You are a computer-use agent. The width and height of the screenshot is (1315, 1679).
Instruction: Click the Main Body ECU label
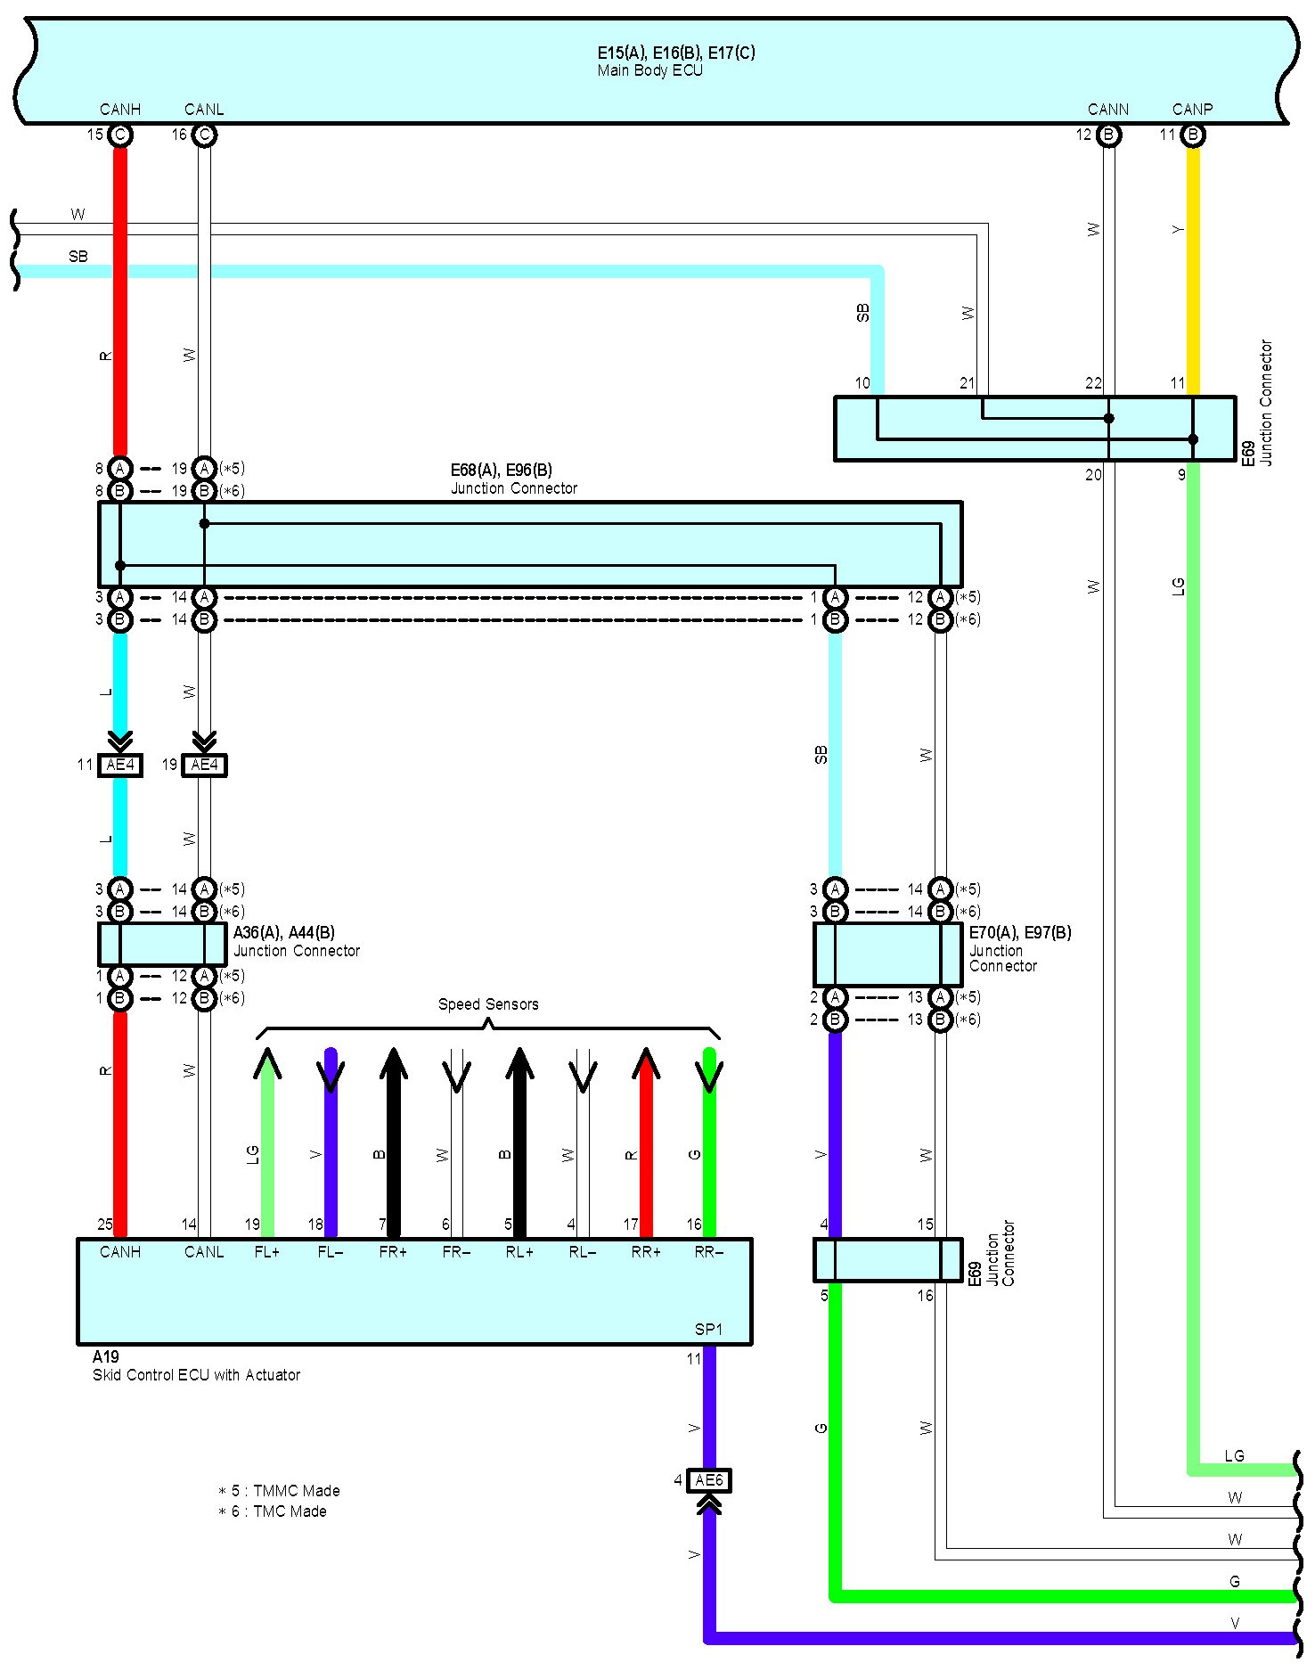(649, 70)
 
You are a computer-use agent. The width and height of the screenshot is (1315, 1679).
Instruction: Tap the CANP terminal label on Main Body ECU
(1192, 110)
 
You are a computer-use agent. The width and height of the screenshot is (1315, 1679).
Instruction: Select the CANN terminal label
(1107, 110)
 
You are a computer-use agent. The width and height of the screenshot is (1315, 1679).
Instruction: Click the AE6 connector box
(709, 1480)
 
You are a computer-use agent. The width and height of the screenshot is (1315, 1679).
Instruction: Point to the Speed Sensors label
(488, 1004)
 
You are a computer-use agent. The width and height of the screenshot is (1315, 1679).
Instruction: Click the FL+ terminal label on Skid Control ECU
(266, 1252)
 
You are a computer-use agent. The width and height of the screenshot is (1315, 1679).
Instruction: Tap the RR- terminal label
(709, 1252)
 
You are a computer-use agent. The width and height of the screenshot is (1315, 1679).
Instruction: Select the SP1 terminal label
(708, 1330)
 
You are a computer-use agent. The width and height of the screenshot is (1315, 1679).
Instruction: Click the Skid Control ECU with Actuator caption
(196, 1375)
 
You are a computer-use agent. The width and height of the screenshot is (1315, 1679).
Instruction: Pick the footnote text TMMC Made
(285, 1491)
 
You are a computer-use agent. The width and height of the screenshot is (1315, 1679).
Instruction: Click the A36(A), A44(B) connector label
(284, 933)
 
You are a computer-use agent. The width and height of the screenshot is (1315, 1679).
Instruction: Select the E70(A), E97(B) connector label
(1020, 933)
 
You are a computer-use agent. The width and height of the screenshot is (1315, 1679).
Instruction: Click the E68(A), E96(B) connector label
(502, 471)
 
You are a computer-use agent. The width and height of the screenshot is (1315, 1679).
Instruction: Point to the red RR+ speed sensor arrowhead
(646, 1063)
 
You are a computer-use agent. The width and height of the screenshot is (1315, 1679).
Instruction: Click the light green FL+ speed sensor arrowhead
(266, 1063)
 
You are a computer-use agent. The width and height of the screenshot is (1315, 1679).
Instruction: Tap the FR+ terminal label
(393, 1252)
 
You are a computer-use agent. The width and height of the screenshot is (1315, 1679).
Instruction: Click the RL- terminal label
(583, 1252)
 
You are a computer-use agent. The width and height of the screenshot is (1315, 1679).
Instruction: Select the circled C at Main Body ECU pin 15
(120, 135)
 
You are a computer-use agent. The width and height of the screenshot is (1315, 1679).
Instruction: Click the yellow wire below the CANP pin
(1193, 267)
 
